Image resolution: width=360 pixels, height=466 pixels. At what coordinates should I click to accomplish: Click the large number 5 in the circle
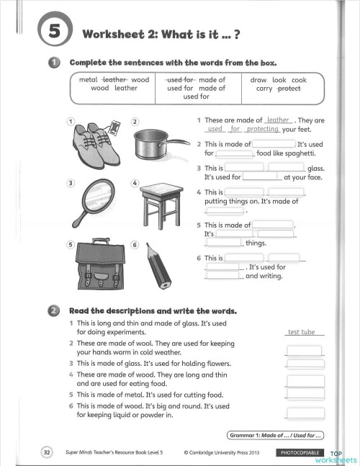click(x=55, y=30)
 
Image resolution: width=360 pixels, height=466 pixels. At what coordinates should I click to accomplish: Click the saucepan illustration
click(x=161, y=145)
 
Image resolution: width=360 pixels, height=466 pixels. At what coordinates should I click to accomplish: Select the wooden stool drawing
click(x=161, y=205)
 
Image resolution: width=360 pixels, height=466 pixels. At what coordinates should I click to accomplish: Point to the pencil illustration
click(x=158, y=266)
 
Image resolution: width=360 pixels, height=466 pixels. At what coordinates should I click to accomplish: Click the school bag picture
click(x=100, y=264)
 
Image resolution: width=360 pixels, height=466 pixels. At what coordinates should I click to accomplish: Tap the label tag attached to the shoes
click(x=114, y=127)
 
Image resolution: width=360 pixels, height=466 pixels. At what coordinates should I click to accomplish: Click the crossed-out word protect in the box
click(x=289, y=89)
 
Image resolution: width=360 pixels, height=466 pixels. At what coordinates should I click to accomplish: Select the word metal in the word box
click(x=88, y=80)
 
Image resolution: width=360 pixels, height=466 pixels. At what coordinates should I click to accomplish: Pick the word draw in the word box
click(x=258, y=80)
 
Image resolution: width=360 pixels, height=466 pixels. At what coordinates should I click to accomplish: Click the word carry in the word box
click(x=264, y=89)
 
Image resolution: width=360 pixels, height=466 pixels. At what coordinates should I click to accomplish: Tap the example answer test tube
click(x=301, y=332)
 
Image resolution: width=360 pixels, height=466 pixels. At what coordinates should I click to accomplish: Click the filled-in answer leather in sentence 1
click(x=278, y=120)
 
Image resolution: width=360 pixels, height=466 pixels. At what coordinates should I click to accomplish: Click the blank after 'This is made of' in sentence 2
click(x=274, y=144)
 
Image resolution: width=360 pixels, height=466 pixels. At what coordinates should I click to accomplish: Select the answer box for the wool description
click(x=304, y=350)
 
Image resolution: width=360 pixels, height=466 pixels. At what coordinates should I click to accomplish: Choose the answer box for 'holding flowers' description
click(x=305, y=364)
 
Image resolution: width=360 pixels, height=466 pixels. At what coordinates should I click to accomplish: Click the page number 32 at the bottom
click(x=47, y=452)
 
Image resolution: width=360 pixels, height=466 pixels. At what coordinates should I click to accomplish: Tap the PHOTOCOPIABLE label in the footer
click(x=300, y=452)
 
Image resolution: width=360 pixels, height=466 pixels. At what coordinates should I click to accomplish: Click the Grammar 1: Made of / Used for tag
click(x=275, y=435)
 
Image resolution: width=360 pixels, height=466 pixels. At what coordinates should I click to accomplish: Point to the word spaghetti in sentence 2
click(x=300, y=153)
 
